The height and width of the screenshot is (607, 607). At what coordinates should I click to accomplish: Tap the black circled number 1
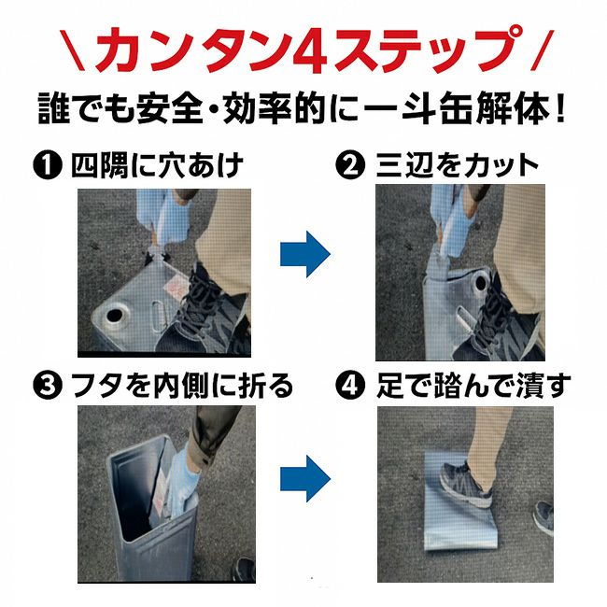click(x=48, y=165)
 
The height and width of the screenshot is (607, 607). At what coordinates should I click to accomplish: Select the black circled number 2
click(x=351, y=165)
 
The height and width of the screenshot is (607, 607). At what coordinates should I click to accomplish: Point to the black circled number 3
click(x=48, y=386)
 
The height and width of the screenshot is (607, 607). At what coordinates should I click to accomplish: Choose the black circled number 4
click(x=351, y=386)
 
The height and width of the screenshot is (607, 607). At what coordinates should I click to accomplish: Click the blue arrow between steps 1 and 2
click(x=305, y=254)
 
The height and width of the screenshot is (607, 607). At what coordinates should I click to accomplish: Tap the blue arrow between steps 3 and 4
click(x=305, y=478)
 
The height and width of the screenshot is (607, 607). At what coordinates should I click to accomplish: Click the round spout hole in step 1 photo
click(x=114, y=316)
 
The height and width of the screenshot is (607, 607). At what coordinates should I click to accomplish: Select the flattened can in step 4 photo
click(x=459, y=501)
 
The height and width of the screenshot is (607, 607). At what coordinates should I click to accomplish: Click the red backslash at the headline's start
click(x=72, y=50)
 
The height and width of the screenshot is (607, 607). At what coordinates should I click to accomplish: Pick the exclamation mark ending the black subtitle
click(x=559, y=109)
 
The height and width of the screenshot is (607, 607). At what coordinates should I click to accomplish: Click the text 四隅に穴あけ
click(x=157, y=165)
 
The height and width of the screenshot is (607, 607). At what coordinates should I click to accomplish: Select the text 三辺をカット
click(x=458, y=165)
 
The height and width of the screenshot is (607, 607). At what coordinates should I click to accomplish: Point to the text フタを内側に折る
click(x=183, y=386)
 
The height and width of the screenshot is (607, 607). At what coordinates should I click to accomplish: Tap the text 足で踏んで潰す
click(x=473, y=386)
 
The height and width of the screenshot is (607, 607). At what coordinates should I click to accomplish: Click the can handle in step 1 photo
click(x=158, y=316)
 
